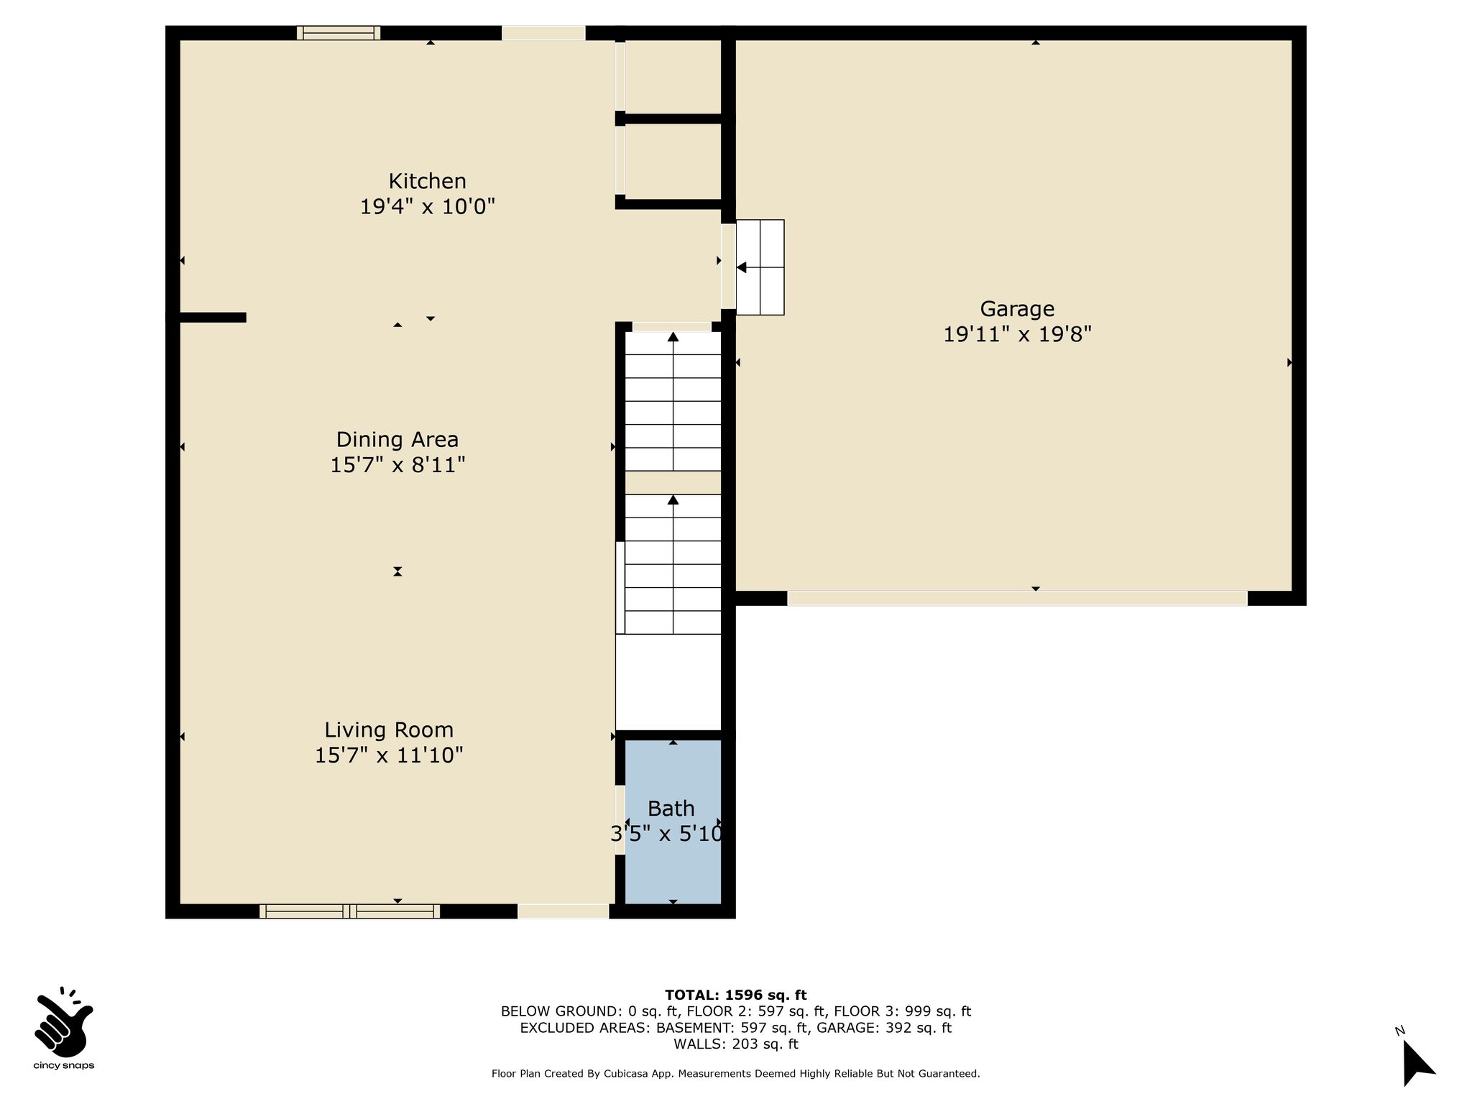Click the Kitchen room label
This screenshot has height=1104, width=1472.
(428, 181)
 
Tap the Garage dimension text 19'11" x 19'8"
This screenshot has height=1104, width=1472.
(1017, 335)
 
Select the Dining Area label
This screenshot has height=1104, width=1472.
(397, 439)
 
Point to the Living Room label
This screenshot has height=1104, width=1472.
(389, 730)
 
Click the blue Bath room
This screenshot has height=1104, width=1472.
(673, 822)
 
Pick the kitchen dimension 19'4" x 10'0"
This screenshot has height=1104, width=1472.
(428, 207)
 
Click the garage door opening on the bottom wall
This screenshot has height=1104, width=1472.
(1017, 599)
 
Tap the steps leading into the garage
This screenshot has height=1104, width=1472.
(760, 267)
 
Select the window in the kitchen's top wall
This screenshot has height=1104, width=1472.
(339, 33)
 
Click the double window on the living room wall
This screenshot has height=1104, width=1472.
(350, 911)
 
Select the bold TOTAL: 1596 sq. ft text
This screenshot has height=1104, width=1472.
(736, 995)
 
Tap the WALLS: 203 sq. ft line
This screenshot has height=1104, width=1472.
(736, 1044)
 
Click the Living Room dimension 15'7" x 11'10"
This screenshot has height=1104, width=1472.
(389, 755)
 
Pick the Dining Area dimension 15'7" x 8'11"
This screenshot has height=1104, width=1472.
(397, 465)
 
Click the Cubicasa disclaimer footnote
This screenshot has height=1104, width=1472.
(736, 1074)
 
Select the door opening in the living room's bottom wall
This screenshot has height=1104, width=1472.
(563, 911)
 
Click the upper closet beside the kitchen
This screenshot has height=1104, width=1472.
(673, 76)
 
